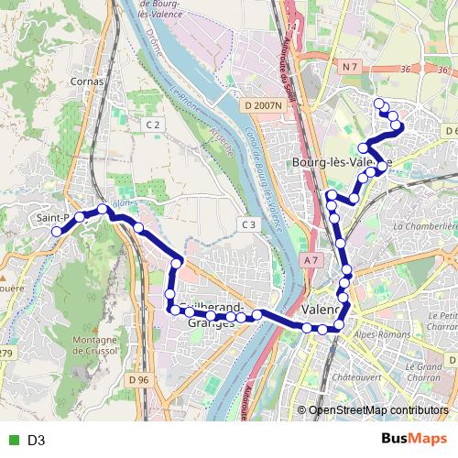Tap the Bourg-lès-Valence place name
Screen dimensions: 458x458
341,162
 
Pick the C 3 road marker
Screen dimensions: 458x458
248,224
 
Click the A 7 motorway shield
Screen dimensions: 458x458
311,260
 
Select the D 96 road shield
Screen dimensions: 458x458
138,379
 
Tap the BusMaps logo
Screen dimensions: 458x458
413,439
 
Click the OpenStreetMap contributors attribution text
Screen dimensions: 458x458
378,410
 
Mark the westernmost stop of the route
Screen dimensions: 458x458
56,232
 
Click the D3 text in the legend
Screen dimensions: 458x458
37,441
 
